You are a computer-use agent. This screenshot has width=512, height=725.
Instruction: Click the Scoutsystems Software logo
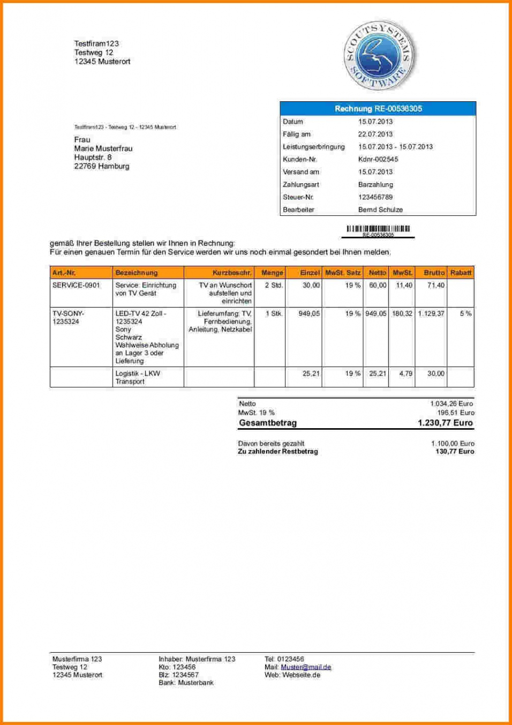tap(379, 56)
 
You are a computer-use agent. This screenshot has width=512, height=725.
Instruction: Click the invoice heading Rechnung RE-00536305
tap(378, 109)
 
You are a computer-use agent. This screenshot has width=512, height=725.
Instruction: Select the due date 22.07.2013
tap(375, 134)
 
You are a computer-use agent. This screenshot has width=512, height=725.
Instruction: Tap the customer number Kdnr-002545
tap(378, 159)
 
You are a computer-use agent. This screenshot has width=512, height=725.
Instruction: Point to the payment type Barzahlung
tap(375, 184)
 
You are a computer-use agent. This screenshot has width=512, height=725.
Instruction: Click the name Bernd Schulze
tap(380, 210)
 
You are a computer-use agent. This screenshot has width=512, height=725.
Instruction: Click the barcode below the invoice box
tap(378, 229)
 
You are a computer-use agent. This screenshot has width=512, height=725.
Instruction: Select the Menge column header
tap(272, 273)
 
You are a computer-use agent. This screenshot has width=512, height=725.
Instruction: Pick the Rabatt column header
tap(461, 273)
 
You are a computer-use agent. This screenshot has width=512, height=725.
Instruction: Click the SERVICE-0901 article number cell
tap(76, 285)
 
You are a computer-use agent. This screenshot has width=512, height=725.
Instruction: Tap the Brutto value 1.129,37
tap(431, 313)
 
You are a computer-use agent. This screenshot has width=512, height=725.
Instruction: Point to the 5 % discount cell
tap(465, 313)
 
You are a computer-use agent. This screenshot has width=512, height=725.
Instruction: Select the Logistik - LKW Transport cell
tap(138, 377)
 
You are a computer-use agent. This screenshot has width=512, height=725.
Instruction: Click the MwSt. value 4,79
tap(405, 373)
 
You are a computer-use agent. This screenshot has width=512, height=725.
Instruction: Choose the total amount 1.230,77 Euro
tap(445, 423)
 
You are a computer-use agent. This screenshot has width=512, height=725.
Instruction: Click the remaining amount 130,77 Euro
tap(455, 451)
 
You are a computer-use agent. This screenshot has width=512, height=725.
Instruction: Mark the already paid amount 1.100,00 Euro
tap(453, 444)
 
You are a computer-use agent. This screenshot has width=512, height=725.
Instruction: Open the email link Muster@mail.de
tap(306, 667)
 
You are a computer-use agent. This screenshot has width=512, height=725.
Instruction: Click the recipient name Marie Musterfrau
tap(103, 148)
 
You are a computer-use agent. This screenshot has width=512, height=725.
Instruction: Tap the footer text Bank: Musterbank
tap(186, 683)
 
